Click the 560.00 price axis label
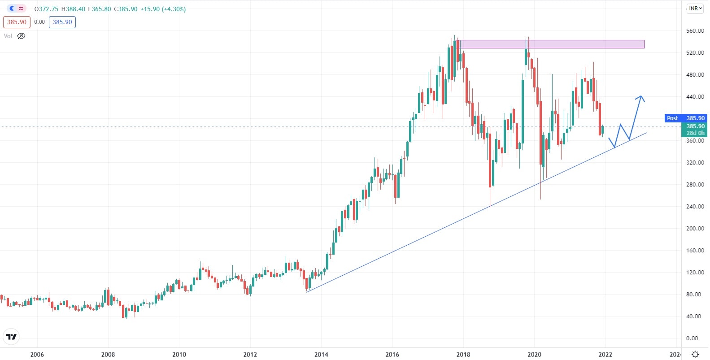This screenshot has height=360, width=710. click(x=695, y=31)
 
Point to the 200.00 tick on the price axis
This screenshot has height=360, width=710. click(x=695, y=228)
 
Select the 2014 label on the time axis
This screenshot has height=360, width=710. click(x=321, y=354)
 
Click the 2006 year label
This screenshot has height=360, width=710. click(x=37, y=354)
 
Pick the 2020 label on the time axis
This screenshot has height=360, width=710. click(x=534, y=354)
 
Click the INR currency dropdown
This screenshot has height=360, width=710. click(x=695, y=9)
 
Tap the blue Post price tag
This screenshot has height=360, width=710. click(x=672, y=118)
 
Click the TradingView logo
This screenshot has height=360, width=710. click(x=11, y=337)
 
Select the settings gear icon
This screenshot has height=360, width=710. click(x=695, y=354)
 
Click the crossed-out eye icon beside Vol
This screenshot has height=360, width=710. click(x=21, y=36)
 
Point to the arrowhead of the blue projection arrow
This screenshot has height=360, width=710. click(x=641, y=97)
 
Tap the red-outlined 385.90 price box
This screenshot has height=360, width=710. click(x=17, y=22)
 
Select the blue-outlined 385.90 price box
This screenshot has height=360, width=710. click(x=62, y=22)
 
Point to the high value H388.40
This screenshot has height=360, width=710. click(x=73, y=9)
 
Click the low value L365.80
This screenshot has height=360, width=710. click(x=99, y=9)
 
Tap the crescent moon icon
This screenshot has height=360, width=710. click(x=12, y=9)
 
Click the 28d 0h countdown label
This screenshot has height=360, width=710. click(x=695, y=133)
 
